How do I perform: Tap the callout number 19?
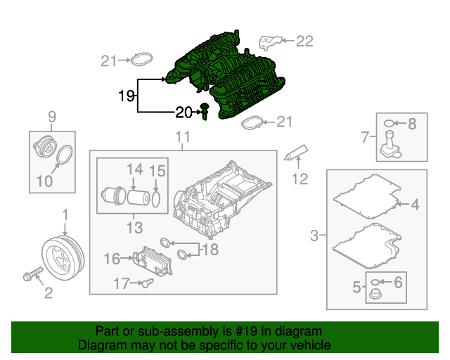click(x=126, y=96)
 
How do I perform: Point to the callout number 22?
click(x=304, y=41)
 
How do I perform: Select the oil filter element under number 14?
click(x=138, y=195)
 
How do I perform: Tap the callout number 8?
click(x=412, y=124)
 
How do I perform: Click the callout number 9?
click(x=51, y=116)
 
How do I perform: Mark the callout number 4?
click(x=415, y=205)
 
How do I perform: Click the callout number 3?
click(x=315, y=233)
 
